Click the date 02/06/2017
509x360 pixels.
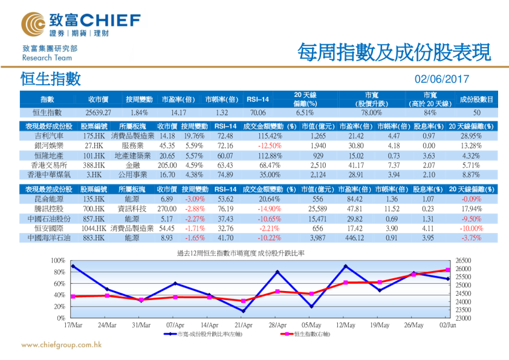[441, 79]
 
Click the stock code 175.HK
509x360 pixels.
[96, 136]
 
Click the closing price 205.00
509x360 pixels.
[167, 165]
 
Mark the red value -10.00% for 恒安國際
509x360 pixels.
[472, 229]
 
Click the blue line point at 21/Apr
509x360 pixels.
[243, 311]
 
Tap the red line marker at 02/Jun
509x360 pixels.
[448, 270]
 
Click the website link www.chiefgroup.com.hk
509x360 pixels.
[61, 346]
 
